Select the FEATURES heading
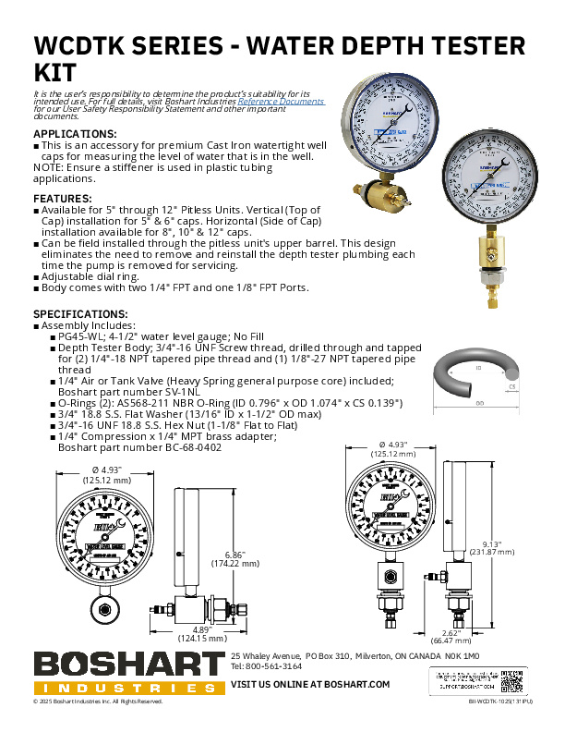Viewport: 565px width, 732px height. coord(63,199)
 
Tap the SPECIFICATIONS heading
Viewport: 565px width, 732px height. coord(80,314)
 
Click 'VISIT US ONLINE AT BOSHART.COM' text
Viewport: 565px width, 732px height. coord(309,684)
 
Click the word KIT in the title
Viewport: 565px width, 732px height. coord(54,72)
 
